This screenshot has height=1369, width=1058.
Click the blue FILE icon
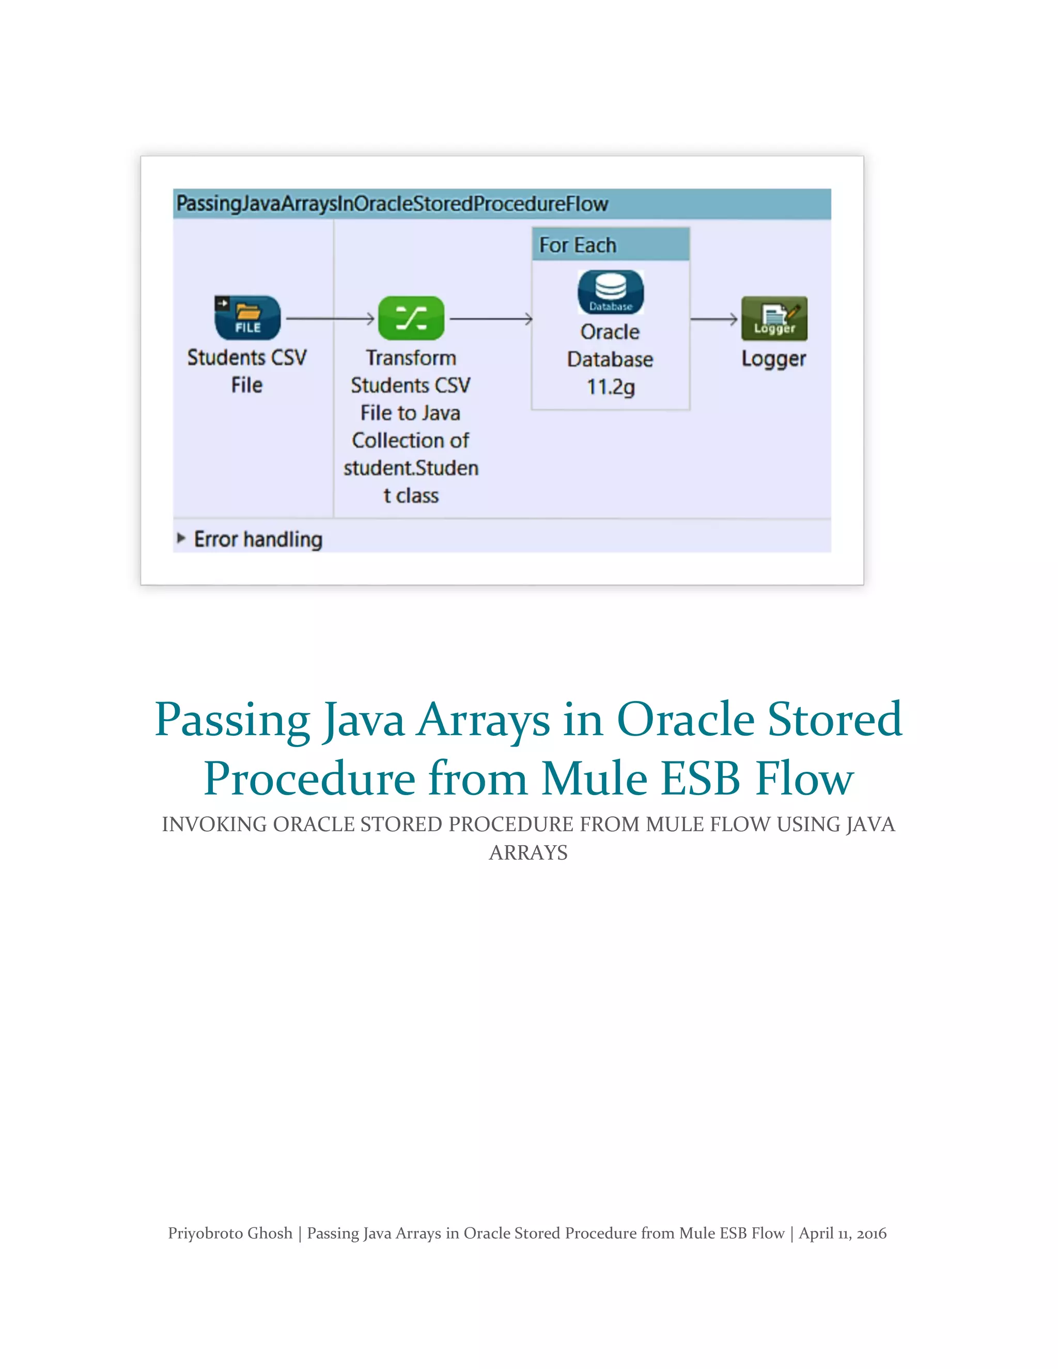[x=247, y=318]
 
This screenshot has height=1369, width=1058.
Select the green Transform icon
[x=411, y=318]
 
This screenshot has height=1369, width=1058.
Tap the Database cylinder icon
[x=611, y=292]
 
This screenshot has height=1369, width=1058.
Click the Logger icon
[x=774, y=318]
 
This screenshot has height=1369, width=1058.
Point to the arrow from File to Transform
[x=330, y=319]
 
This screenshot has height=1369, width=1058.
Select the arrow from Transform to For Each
[x=491, y=319]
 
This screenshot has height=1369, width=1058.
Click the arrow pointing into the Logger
[x=714, y=319]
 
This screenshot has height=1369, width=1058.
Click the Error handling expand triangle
[x=181, y=538]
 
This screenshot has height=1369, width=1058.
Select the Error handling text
[x=258, y=539]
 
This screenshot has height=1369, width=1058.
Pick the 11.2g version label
[x=611, y=387]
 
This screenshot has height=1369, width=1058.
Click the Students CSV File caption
[x=247, y=371]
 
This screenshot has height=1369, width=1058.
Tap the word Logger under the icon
[x=773, y=359]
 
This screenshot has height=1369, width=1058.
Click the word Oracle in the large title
[x=685, y=720]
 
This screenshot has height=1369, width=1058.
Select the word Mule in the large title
[x=594, y=779]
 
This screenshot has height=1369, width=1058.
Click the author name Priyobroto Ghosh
[x=230, y=1233]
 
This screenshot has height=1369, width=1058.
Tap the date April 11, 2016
[x=843, y=1233]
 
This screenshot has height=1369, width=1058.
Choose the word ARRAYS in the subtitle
[x=528, y=852]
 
